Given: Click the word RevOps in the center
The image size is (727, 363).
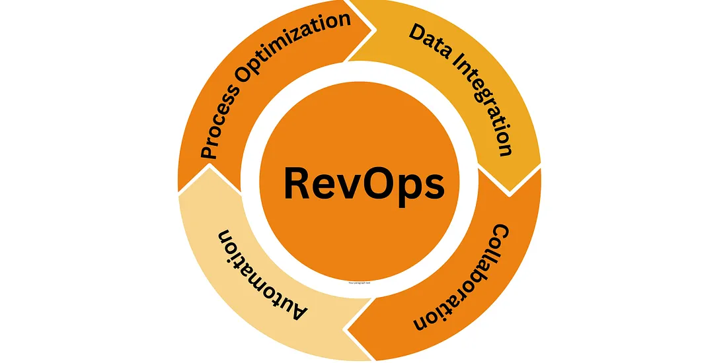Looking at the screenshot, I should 363,184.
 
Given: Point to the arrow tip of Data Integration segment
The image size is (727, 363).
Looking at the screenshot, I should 512,191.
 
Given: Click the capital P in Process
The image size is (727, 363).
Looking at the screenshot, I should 210,152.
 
